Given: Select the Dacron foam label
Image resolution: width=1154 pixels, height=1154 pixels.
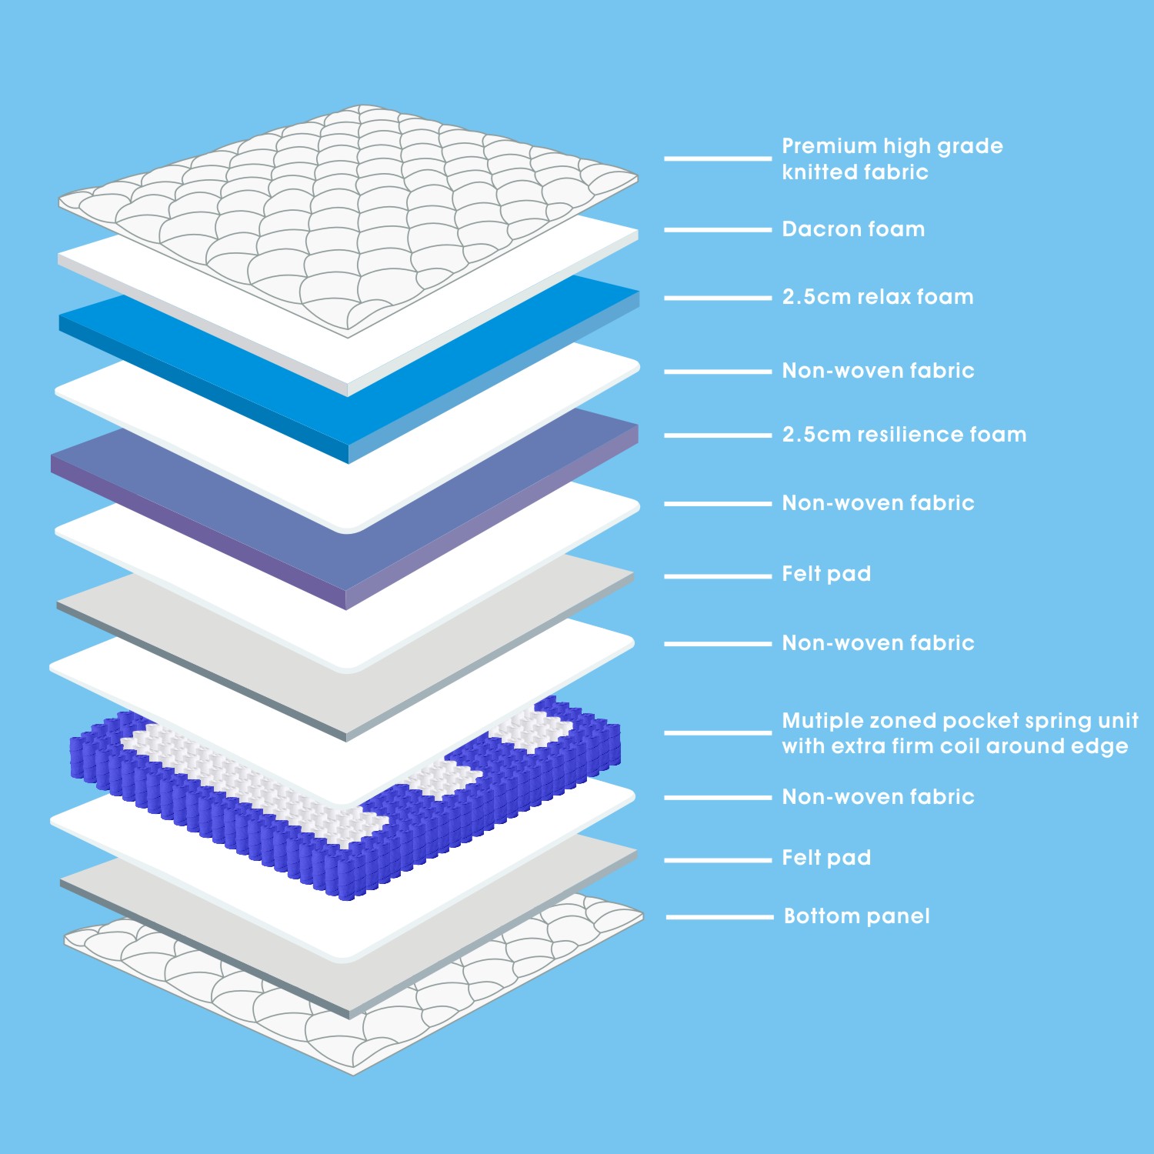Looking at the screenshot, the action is pos(853,229).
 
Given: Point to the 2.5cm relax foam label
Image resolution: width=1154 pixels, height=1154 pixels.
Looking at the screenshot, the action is pos(878,297).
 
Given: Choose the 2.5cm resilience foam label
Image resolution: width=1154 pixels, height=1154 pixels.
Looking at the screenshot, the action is pos(904,435).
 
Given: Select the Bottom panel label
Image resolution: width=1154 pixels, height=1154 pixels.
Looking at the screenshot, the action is pos(857,916).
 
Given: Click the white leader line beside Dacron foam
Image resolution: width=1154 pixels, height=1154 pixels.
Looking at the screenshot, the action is pos(718,230).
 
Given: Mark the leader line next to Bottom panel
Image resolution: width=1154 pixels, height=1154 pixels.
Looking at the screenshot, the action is pos(719,917).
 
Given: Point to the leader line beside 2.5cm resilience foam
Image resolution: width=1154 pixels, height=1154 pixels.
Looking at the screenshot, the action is pos(718,435).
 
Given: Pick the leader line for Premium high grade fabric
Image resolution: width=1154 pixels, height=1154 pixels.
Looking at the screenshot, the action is pos(718,158).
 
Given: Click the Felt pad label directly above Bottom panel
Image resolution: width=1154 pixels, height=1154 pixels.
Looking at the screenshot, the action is pos(826,858).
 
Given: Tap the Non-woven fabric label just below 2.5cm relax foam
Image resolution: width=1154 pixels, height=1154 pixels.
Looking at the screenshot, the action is pos(878,371).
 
